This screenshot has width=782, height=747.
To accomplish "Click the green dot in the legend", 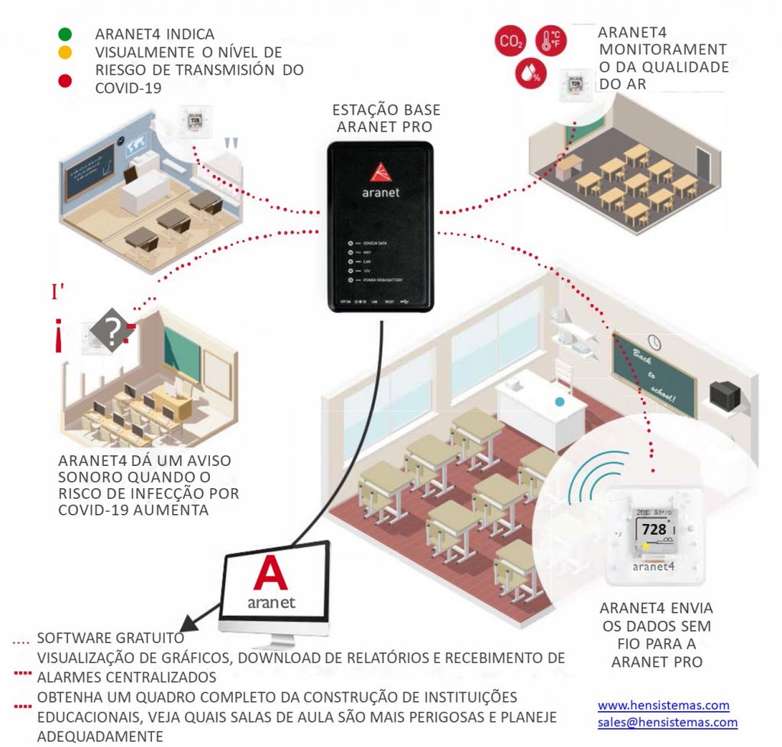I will (x=65, y=34).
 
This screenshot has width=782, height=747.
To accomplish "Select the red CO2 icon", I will (x=509, y=41).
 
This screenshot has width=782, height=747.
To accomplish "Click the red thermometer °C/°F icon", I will (x=551, y=41).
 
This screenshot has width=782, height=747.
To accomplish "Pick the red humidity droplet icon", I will (x=529, y=73).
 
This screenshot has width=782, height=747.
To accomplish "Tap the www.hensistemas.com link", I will (x=663, y=705).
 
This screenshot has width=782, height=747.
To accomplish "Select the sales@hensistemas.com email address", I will (x=667, y=722).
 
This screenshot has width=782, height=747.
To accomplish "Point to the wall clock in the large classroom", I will (x=654, y=341).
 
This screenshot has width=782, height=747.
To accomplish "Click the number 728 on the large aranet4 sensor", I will (x=654, y=529).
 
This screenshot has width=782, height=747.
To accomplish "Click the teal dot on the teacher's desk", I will (x=561, y=402).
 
